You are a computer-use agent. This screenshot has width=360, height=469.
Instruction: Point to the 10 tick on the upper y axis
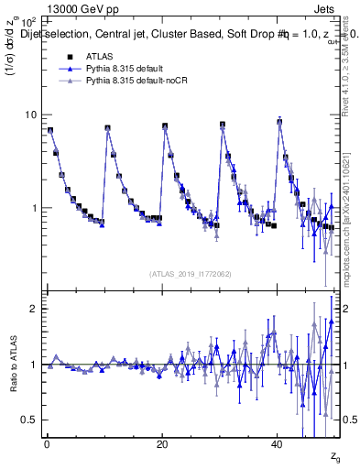[31, 115]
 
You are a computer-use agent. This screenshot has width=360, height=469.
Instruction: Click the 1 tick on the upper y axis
[34, 208]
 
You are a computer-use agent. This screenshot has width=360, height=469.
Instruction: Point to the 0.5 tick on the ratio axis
[29, 420]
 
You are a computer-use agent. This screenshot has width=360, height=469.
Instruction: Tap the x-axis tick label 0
[47, 442]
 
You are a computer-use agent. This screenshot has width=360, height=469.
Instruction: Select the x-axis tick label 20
[161, 442]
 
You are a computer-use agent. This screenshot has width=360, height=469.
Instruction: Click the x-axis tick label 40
[277, 442]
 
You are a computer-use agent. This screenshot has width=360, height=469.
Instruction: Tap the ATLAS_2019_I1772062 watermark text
[191, 273]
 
